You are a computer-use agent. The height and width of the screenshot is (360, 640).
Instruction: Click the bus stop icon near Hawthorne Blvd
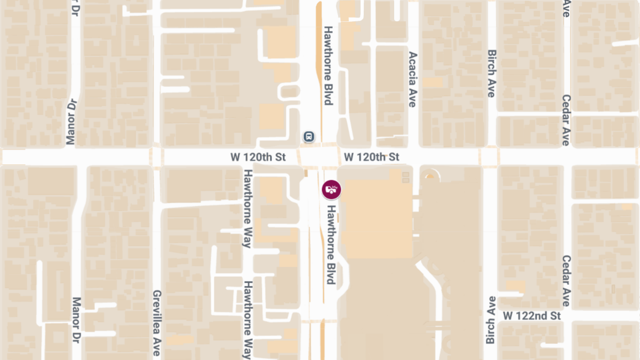(309, 137)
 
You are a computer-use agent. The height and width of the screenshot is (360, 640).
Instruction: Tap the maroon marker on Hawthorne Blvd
(331, 189)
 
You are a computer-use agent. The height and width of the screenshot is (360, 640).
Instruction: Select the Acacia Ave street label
(412, 79)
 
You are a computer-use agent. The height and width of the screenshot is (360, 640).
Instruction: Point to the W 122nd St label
(532, 316)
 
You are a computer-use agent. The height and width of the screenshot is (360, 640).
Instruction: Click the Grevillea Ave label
(157, 323)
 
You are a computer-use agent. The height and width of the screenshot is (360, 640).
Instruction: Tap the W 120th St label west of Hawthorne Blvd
(259, 157)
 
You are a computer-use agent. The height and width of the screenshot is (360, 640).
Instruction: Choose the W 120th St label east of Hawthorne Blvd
(372, 157)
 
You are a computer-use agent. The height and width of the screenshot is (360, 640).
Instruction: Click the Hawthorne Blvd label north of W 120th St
(329, 66)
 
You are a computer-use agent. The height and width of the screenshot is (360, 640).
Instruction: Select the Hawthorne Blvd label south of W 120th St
(331, 244)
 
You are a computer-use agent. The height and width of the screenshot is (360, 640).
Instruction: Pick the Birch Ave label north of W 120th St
(492, 74)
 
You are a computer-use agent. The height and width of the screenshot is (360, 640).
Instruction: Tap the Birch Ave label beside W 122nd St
(490, 320)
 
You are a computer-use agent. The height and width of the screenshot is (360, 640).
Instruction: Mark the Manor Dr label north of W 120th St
(71, 122)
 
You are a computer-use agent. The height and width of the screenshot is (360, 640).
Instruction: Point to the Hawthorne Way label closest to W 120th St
(247, 209)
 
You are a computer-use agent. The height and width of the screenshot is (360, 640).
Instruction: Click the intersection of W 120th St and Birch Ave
(490, 157)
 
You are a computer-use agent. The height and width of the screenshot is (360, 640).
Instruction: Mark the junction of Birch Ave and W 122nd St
(490, 316)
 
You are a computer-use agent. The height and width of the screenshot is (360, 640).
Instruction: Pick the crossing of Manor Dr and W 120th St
(76, 157)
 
